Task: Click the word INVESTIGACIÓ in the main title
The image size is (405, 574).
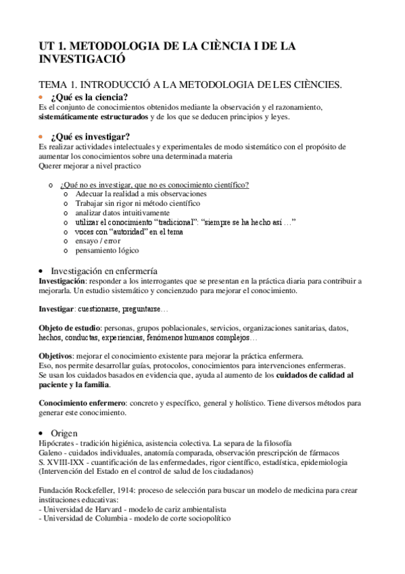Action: coord(78,59)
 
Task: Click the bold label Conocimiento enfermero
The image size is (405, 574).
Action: coord(82,403)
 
